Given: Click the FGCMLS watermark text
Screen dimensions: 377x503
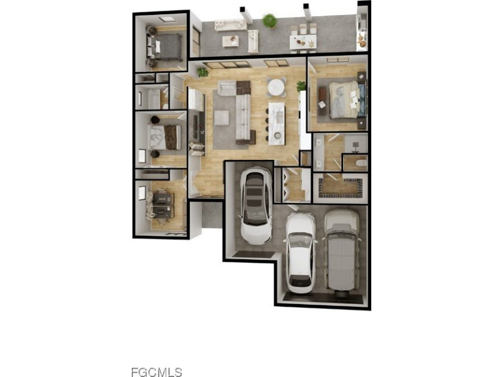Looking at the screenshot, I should coord(156,372).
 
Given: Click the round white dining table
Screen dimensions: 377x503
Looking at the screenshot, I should coord(277,87).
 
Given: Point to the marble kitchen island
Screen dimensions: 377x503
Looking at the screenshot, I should coord(275,123).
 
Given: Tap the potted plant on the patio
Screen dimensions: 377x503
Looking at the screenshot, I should coord(270,21).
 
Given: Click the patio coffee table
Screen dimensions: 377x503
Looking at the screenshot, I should coord(231,41).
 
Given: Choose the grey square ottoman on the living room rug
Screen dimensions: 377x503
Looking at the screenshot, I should coord(221,118).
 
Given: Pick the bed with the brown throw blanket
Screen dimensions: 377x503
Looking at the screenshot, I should coord(163,136).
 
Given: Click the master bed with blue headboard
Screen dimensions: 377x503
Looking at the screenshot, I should coord(347,99).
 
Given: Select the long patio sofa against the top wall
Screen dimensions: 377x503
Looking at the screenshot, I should coord(230,25).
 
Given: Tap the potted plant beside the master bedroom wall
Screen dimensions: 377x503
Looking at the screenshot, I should coord(301,86).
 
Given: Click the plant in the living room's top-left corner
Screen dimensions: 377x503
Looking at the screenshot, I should coord(203,72).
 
